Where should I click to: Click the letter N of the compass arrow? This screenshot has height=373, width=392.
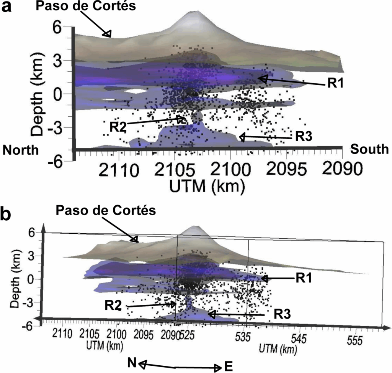(x=132, y=362)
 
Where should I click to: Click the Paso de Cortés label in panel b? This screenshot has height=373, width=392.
(x=106, y=211)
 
